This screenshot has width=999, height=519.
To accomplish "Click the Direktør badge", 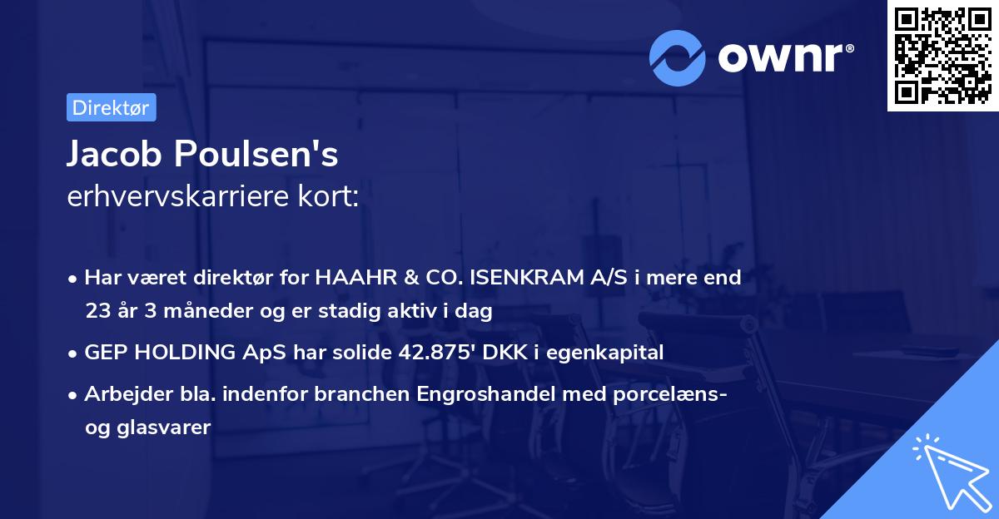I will (111, 107).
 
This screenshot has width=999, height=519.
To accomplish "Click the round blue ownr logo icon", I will (678, 58).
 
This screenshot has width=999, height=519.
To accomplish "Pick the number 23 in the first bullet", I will (97, 311).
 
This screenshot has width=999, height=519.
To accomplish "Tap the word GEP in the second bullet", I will (105, 353).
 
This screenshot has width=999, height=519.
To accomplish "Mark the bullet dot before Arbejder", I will (73, 395).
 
